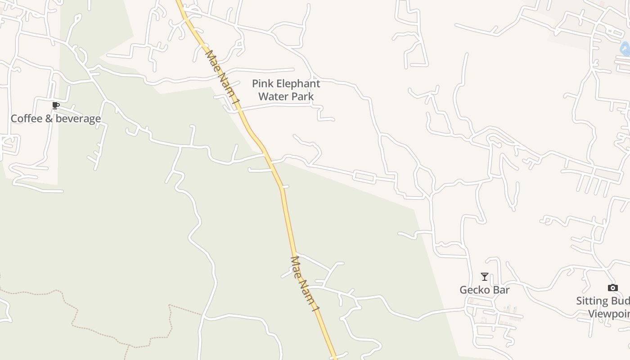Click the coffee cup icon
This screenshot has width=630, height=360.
coord(56,106)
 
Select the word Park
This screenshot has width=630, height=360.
coord(302,96)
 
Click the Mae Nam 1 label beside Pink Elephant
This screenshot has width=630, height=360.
coord(221,79)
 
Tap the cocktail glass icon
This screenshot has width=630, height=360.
coord(485,277)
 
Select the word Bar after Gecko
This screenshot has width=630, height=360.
coord(501,290)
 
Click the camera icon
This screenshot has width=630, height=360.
coord(612,288)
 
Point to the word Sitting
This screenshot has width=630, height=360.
coord(592,301)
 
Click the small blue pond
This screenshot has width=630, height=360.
coord(625,49)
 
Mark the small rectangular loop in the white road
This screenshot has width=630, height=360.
coord(364,177)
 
